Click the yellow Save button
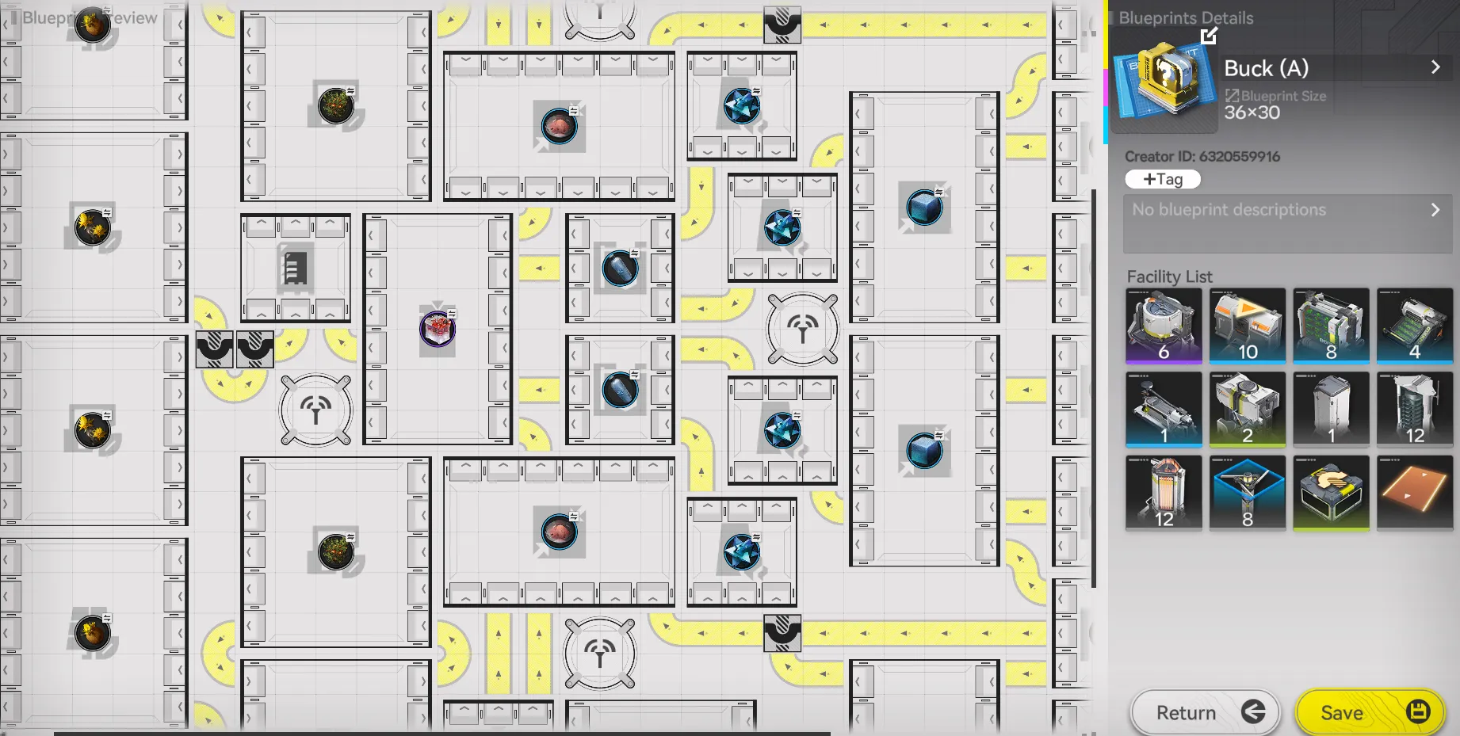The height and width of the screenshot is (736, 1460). (x=1370, y=712)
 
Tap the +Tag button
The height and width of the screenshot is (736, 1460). (x=1163, y=180)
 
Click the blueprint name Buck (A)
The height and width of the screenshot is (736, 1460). (x=1266, y=69)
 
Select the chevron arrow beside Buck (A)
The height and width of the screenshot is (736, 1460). (x=1435, y=68)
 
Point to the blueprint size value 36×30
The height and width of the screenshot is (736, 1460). (x=1252, y=112)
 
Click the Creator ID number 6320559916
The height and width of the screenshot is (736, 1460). (x=1240, y=157)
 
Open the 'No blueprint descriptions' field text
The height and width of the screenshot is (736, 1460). (x=1229, y=210)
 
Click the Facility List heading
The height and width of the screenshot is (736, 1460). (x=1169, y=276)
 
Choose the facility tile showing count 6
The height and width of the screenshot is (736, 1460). (x=1164, y=326)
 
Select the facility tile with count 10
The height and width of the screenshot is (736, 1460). (x=1248, y=326)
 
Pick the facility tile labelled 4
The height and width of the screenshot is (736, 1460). (x=1415, y=326)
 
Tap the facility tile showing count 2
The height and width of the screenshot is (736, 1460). (x=1248, y=410)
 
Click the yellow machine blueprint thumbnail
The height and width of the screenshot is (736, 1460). (x=1164, y=85)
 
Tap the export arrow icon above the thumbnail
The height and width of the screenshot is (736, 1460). (x=1209, y=36)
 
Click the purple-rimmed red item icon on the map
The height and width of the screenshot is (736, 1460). (x=437, y=329)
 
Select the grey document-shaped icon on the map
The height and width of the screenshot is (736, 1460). (x=295, y=268)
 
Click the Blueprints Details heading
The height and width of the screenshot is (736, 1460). (x=1186, y=18)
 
